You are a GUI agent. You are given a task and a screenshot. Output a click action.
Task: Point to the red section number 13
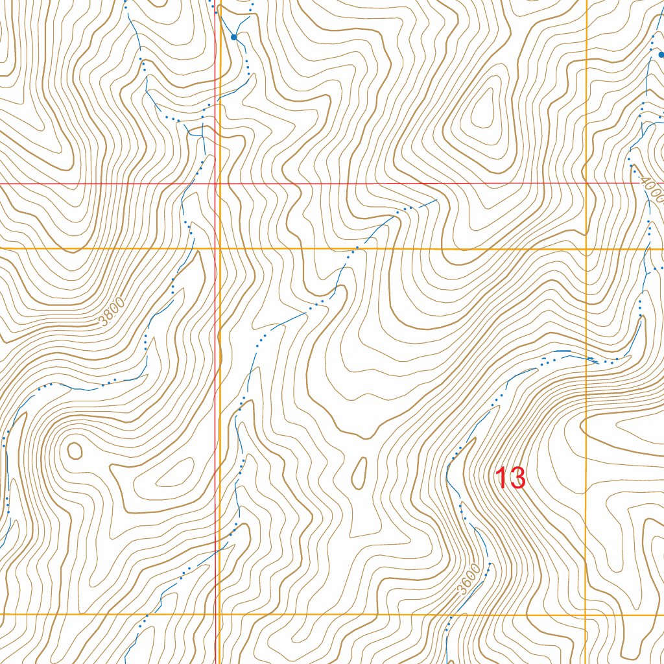pos(510,479)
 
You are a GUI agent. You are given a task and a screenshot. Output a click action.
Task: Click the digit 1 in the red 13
pos(502,479)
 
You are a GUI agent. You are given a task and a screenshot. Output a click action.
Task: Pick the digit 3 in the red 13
pos(517,479)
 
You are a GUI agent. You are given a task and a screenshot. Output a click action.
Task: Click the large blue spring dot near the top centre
pos(234,37)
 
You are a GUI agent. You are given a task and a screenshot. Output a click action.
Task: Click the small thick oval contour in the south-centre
pos(358,471)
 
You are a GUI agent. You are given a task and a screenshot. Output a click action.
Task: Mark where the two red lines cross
pos(215,184)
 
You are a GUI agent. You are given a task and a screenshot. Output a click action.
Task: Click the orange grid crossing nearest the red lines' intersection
pos(220,248)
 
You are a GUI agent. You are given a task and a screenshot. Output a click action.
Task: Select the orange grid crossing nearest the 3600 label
pos(586,613)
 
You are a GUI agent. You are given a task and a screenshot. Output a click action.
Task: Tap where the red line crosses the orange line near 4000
pos(586,184)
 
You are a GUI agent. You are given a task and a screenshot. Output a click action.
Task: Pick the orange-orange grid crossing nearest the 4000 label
pos(586,248)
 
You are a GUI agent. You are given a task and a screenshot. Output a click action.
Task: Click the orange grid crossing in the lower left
pos(220,613)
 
